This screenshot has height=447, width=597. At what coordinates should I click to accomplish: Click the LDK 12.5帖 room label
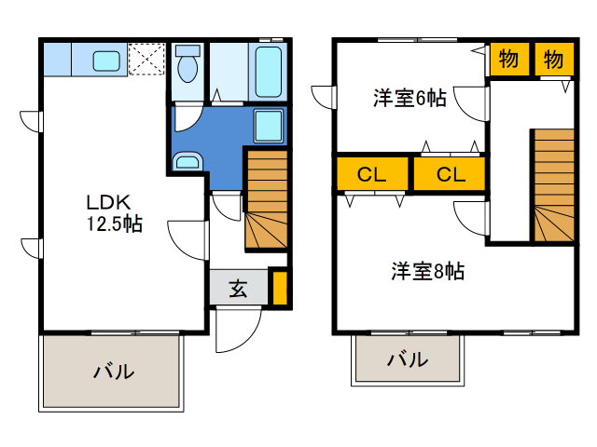click(x=114, y=212)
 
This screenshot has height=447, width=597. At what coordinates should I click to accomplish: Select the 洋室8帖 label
click(x=427, y=272)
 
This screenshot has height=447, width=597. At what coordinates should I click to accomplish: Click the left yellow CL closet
click(x=371, y=174)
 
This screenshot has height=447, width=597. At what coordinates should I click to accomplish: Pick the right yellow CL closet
click(x=450, y=174)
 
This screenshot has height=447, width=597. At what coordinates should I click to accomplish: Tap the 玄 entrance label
click(x=238, y=289)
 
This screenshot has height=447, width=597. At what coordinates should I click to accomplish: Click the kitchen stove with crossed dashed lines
click(x=147, y=59)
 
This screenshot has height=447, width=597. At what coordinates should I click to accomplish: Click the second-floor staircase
click(x=553, y=186)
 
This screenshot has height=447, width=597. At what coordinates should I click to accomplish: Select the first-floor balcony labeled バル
click(x=112, y=371)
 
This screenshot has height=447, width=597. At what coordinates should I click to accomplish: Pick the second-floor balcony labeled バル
click(x=408, y=359)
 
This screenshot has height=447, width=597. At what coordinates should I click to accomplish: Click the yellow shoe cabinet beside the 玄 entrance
click(x=279, y=288)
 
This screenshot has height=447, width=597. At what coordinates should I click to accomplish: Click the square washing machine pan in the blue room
click(x=270, y=125)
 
